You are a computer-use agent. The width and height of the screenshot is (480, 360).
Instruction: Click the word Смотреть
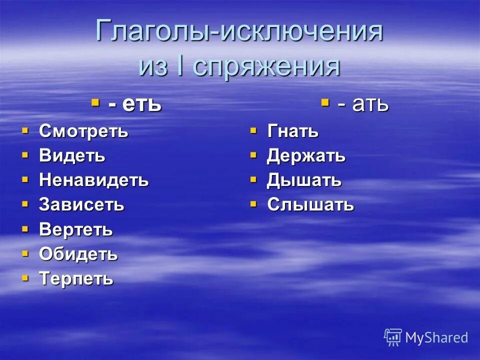[x=83, y=132]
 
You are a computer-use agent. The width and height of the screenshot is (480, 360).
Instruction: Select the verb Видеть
[x=72, y=156]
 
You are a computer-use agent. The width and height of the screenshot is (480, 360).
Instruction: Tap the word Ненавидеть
[x=93, y=180]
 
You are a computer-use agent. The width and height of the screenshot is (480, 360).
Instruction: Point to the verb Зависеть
[x=81, y=204]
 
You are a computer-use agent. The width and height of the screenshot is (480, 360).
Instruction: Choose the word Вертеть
[x=76, y=230]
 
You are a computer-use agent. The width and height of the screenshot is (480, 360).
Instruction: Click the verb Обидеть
[x=78, y=254]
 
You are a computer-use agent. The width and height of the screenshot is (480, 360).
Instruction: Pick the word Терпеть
[x=76, y=278]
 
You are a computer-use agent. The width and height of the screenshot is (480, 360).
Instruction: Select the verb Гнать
[x=292, y=132]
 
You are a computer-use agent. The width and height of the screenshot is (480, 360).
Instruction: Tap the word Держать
[x=306, y=156]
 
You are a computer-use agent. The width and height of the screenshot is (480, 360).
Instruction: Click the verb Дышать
[x=304, y=180]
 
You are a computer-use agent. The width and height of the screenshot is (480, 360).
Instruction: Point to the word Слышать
[x=310, y=204]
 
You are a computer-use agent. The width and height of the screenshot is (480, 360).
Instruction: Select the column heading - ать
[x=362, y=104]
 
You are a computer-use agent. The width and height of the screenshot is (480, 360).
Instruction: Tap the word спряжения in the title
[x=265, y=66]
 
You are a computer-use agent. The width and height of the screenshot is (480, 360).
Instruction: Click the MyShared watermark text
[x=436, y=338]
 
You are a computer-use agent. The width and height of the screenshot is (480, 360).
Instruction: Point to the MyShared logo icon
[x=392, y=337]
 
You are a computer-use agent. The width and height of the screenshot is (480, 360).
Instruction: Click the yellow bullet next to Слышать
[x=253, y=203]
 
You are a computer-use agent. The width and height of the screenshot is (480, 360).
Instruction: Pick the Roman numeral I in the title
[x=178, y=66]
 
